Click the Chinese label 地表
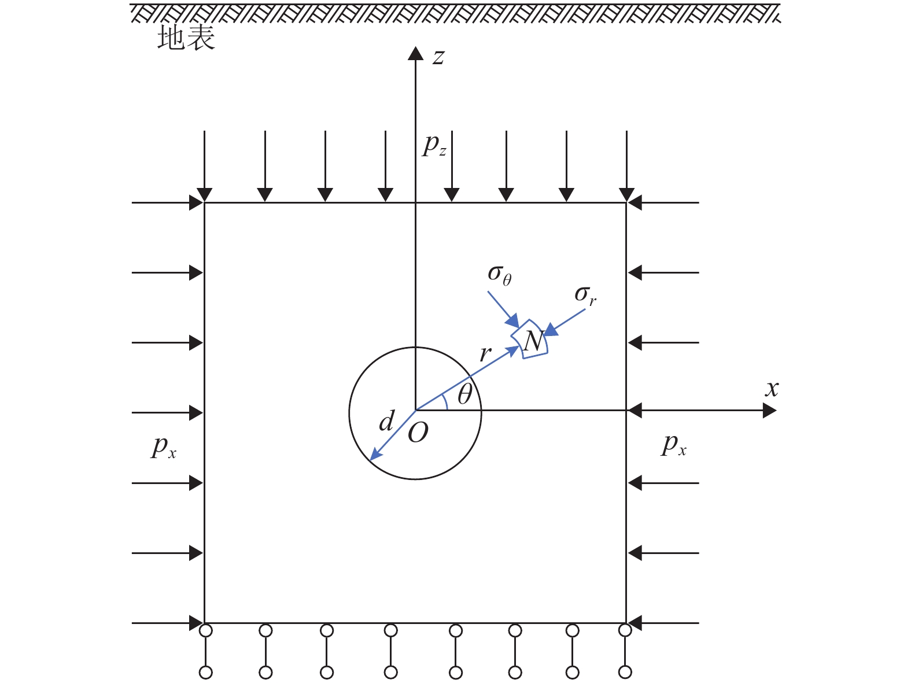[x=186, y=39]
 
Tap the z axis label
[x=438, y=57]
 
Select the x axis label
[x=772, y=389]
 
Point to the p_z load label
[x=434, y=145]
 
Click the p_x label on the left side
[x=163, y=446]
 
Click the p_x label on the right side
[x=674, y=445]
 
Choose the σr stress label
[x=585, y=295]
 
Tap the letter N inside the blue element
[x=534, y=341]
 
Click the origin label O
[x=418, y=433]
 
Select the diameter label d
[x=386, y=422]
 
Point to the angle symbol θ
[x=464, y=394]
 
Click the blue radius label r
[x=485, y=353]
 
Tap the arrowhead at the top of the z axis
[x=415, y=53]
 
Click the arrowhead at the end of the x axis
[x=770, y=411]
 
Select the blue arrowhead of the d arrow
[x=375, y=455]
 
